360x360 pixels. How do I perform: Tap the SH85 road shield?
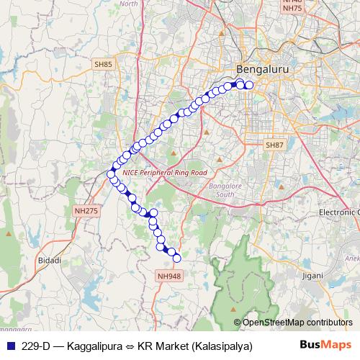[103, 64]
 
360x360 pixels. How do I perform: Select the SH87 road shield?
[274, 145]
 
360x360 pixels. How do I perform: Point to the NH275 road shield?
[86, 211]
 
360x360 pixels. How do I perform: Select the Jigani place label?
[313, 275]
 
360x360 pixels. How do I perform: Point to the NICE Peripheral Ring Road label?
[165, 173]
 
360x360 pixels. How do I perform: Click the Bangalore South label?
[222, 190]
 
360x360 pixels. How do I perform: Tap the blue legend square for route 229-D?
[9, 346]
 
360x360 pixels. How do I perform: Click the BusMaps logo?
[326, 345]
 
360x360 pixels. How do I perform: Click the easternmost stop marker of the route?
[249, 85]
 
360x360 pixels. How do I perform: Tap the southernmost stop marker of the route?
[176, 258]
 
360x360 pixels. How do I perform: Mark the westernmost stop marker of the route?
[111, 174]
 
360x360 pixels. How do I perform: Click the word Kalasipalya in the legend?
[220, 346]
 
